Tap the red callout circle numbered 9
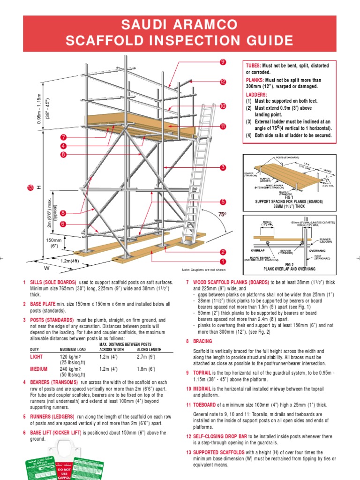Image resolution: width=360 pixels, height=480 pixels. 223,62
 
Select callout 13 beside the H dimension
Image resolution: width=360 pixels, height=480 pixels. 31,187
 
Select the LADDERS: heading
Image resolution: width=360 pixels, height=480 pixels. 256,94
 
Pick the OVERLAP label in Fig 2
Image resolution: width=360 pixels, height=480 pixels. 258,250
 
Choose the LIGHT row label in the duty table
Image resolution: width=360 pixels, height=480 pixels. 37,357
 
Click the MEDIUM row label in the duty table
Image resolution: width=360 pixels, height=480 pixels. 39,369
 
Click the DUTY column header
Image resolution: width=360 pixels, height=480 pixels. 35,350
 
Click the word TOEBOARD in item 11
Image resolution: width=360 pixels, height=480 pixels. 206,405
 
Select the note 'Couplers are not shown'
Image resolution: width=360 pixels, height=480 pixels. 204,270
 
